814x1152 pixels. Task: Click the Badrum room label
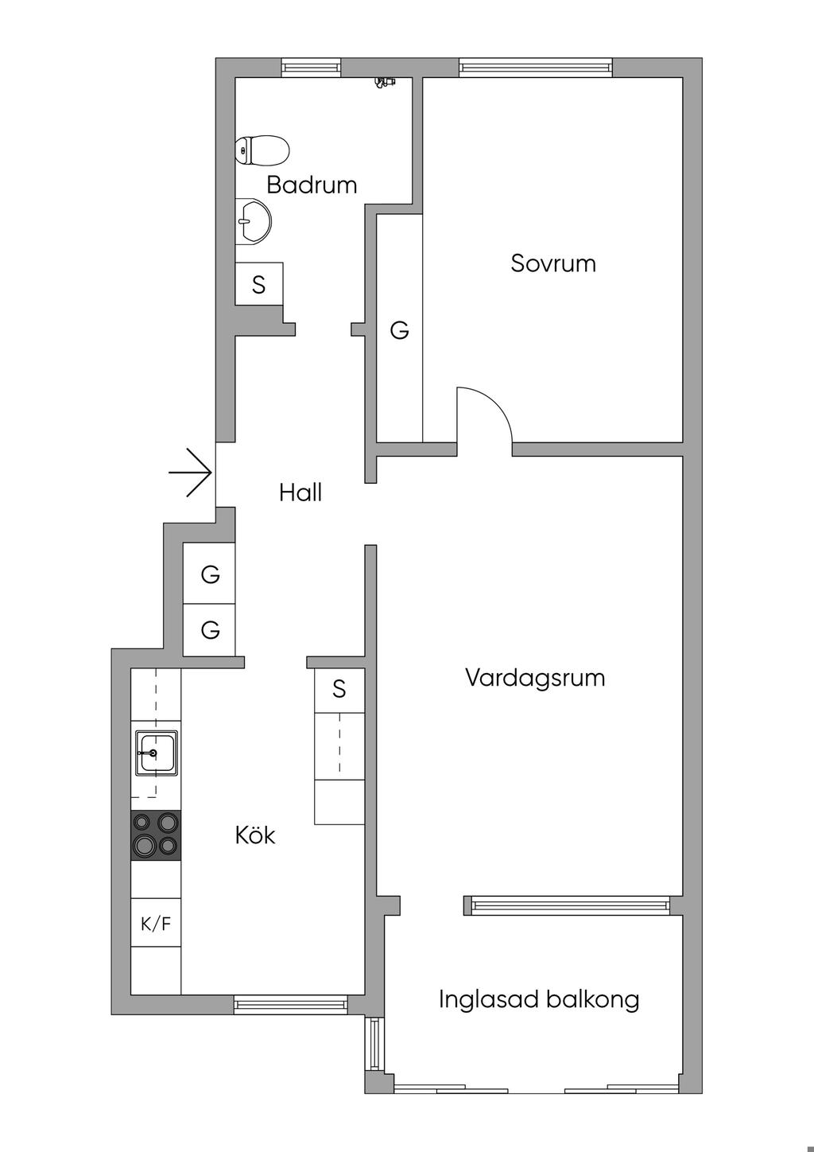(x=312, y=185)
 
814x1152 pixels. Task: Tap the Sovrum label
(x=553, y=263)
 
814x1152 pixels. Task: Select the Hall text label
(x=300, y=492)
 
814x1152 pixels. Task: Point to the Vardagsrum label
(x=535, y=678)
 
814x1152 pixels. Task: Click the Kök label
(x=255, y=835)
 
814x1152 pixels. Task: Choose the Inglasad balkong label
(x=539, y=999)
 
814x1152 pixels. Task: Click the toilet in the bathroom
(x=262, y=150)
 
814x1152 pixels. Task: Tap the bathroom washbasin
(x=254, y=220)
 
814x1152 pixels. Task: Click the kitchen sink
(x=156, y=753)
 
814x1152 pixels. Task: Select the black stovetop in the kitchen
(x=156, y=835)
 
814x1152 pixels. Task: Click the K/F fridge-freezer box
(x=156, y=924)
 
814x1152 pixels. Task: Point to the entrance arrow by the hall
(x=191, y=473)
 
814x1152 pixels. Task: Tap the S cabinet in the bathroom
(x=258, y=284)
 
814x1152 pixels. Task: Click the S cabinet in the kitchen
(x=339, y=689)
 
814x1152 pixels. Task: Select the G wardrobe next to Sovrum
(x=399, y=329)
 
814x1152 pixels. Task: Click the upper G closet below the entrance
(x=210, y=574)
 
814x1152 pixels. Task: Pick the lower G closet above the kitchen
(x=210, y=630)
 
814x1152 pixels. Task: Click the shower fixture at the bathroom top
(x=385, y=82)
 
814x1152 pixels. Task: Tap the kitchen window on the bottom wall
(x=291, y=1005)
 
